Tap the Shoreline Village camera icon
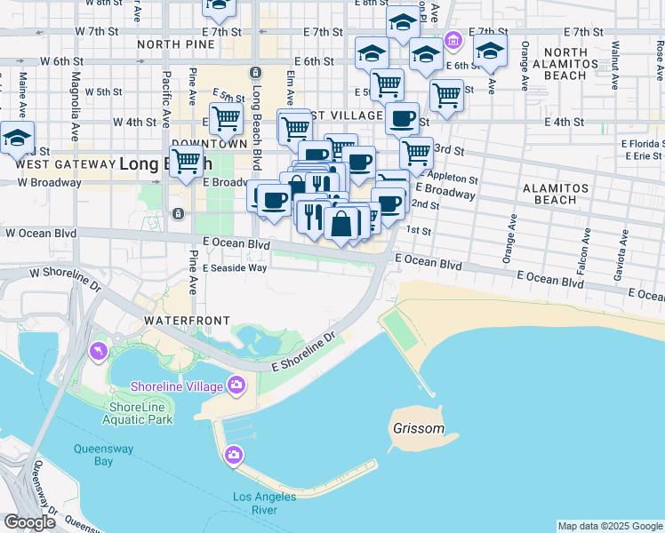pos(236,385)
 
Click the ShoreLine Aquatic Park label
pos(140,413)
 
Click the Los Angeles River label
pos(267,503)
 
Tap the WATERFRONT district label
pos(188,320)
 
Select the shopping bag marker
pos(341,224)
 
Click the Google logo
pos(29,521)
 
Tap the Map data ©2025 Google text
pos(610,526)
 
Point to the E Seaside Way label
pos(235,267)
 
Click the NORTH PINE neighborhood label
pos(175,44)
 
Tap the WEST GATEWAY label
pos(61,164)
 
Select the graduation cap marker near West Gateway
pos(17,139)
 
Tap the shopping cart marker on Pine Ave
pos(186,163)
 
